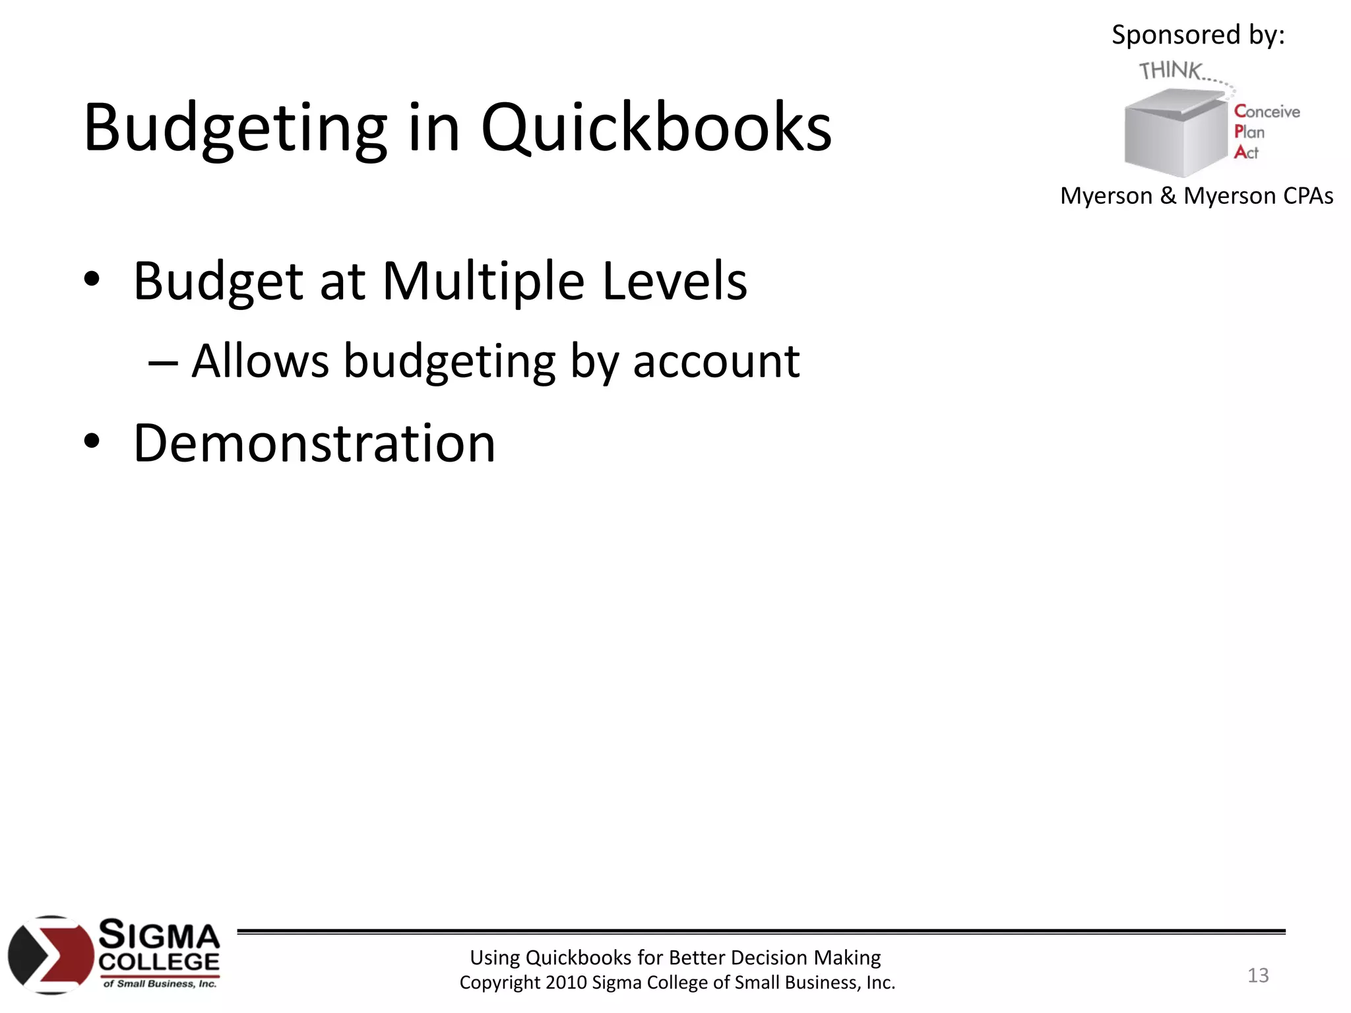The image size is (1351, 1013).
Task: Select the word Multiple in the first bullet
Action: [483, 282]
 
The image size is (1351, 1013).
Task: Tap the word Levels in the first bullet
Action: [674, 282]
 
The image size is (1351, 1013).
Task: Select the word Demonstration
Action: [314, 443]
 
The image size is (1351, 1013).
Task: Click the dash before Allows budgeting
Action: [162, 363]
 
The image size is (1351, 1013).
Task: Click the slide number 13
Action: [1258, 975]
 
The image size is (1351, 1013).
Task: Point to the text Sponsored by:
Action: [1198, 34]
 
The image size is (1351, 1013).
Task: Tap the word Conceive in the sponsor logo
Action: [1267, 111]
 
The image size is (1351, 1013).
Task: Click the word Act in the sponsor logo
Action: [1246, 152]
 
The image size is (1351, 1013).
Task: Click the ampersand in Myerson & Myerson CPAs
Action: [1168, 196]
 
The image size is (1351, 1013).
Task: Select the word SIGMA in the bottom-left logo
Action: [159, 935]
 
